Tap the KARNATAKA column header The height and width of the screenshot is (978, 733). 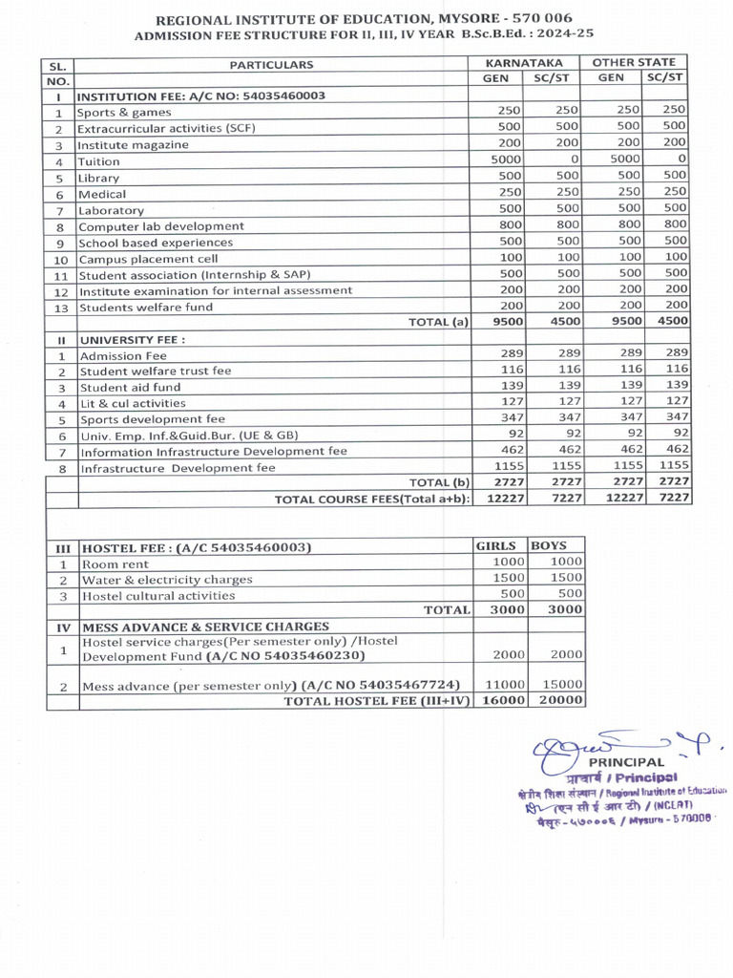click(x=524, y=62)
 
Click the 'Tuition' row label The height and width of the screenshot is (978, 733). click(x=99, y=161)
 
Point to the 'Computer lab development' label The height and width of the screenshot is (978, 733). click(x=160, y=226)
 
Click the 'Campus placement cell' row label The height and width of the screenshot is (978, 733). click(x=148, y=259)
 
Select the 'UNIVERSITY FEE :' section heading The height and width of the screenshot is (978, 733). click(x=132, y=339)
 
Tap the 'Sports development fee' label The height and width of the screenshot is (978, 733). click(x=153, y=419)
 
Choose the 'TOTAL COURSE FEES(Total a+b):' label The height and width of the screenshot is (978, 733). click(x=372, y=500)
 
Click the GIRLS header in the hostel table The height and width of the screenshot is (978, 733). click(x=498, y=546)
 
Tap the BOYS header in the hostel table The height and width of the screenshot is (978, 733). click(x=549, y=546)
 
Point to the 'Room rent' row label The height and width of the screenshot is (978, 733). click(x=114, y=563)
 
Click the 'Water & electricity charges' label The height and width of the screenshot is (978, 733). click(x=167, y=580)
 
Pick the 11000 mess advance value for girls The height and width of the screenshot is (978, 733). click(x=504, y=685)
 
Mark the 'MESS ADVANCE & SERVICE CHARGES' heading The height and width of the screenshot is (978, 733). click(x=206, y=627)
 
